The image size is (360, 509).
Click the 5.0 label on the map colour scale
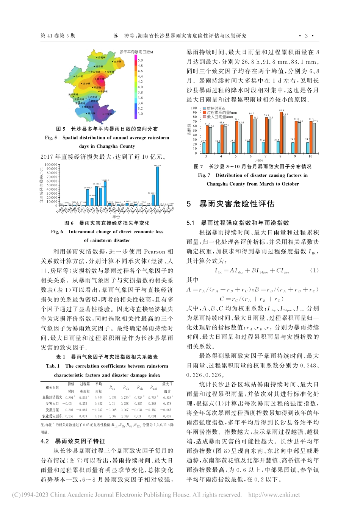[x=140, y=60]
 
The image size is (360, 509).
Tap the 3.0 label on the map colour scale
[x=140, y=114]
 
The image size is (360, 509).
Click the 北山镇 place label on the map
[x=79, y=76]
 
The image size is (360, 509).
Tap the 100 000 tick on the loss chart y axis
[x=51, y=165]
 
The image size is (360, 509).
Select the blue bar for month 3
[x=204, y=147]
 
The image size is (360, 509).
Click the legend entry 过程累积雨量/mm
[x=222, y=113]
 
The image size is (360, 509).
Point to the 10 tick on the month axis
[x=310, y=156]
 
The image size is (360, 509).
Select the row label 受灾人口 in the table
[x=52, y=404]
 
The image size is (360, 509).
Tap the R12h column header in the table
[x=153, y=388]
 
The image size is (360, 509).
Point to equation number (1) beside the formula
[x=315, y=270]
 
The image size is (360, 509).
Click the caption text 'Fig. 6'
[x=57, y=232]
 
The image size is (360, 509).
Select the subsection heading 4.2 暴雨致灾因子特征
[x=73, y=441]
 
